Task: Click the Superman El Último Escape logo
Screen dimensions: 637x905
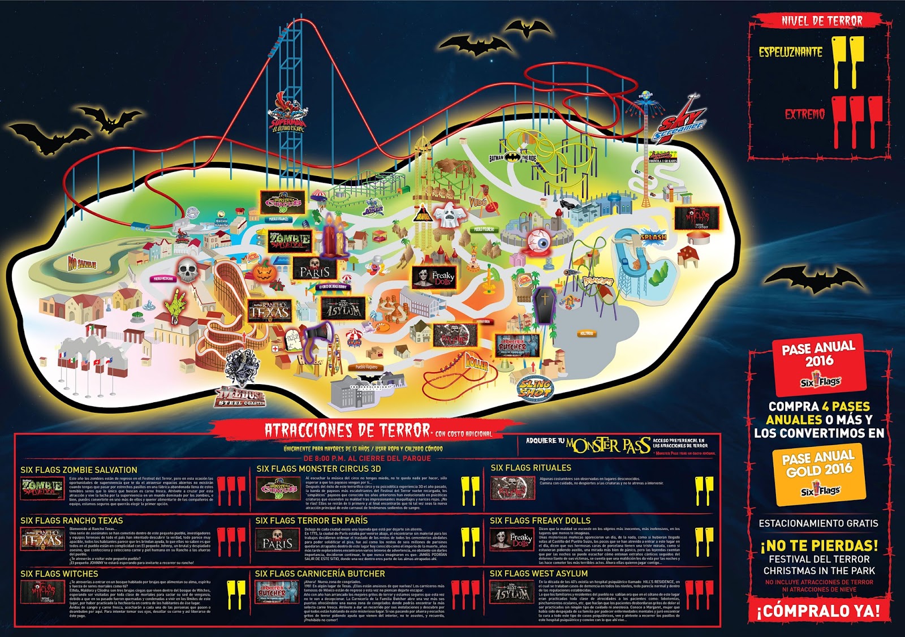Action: [x=288, y=116]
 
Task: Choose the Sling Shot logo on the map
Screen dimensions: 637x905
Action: [x=535, y=388]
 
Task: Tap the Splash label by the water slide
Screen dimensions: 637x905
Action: [x=653, y=237]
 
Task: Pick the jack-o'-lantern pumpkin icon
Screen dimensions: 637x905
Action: [x=264, y=272]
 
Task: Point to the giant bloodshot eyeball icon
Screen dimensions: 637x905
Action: [x=538, y=243]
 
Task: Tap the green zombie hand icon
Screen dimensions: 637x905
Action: [x=176, y=306]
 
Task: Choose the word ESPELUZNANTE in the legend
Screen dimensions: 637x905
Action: [x=790, y=52]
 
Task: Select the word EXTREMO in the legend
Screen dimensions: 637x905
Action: [x=804, y=114]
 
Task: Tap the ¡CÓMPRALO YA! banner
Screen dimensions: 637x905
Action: [x=818, y=611]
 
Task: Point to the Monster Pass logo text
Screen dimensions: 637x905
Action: [x=608, y=445]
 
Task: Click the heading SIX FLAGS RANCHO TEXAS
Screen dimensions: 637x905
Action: [x=71, y=520]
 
